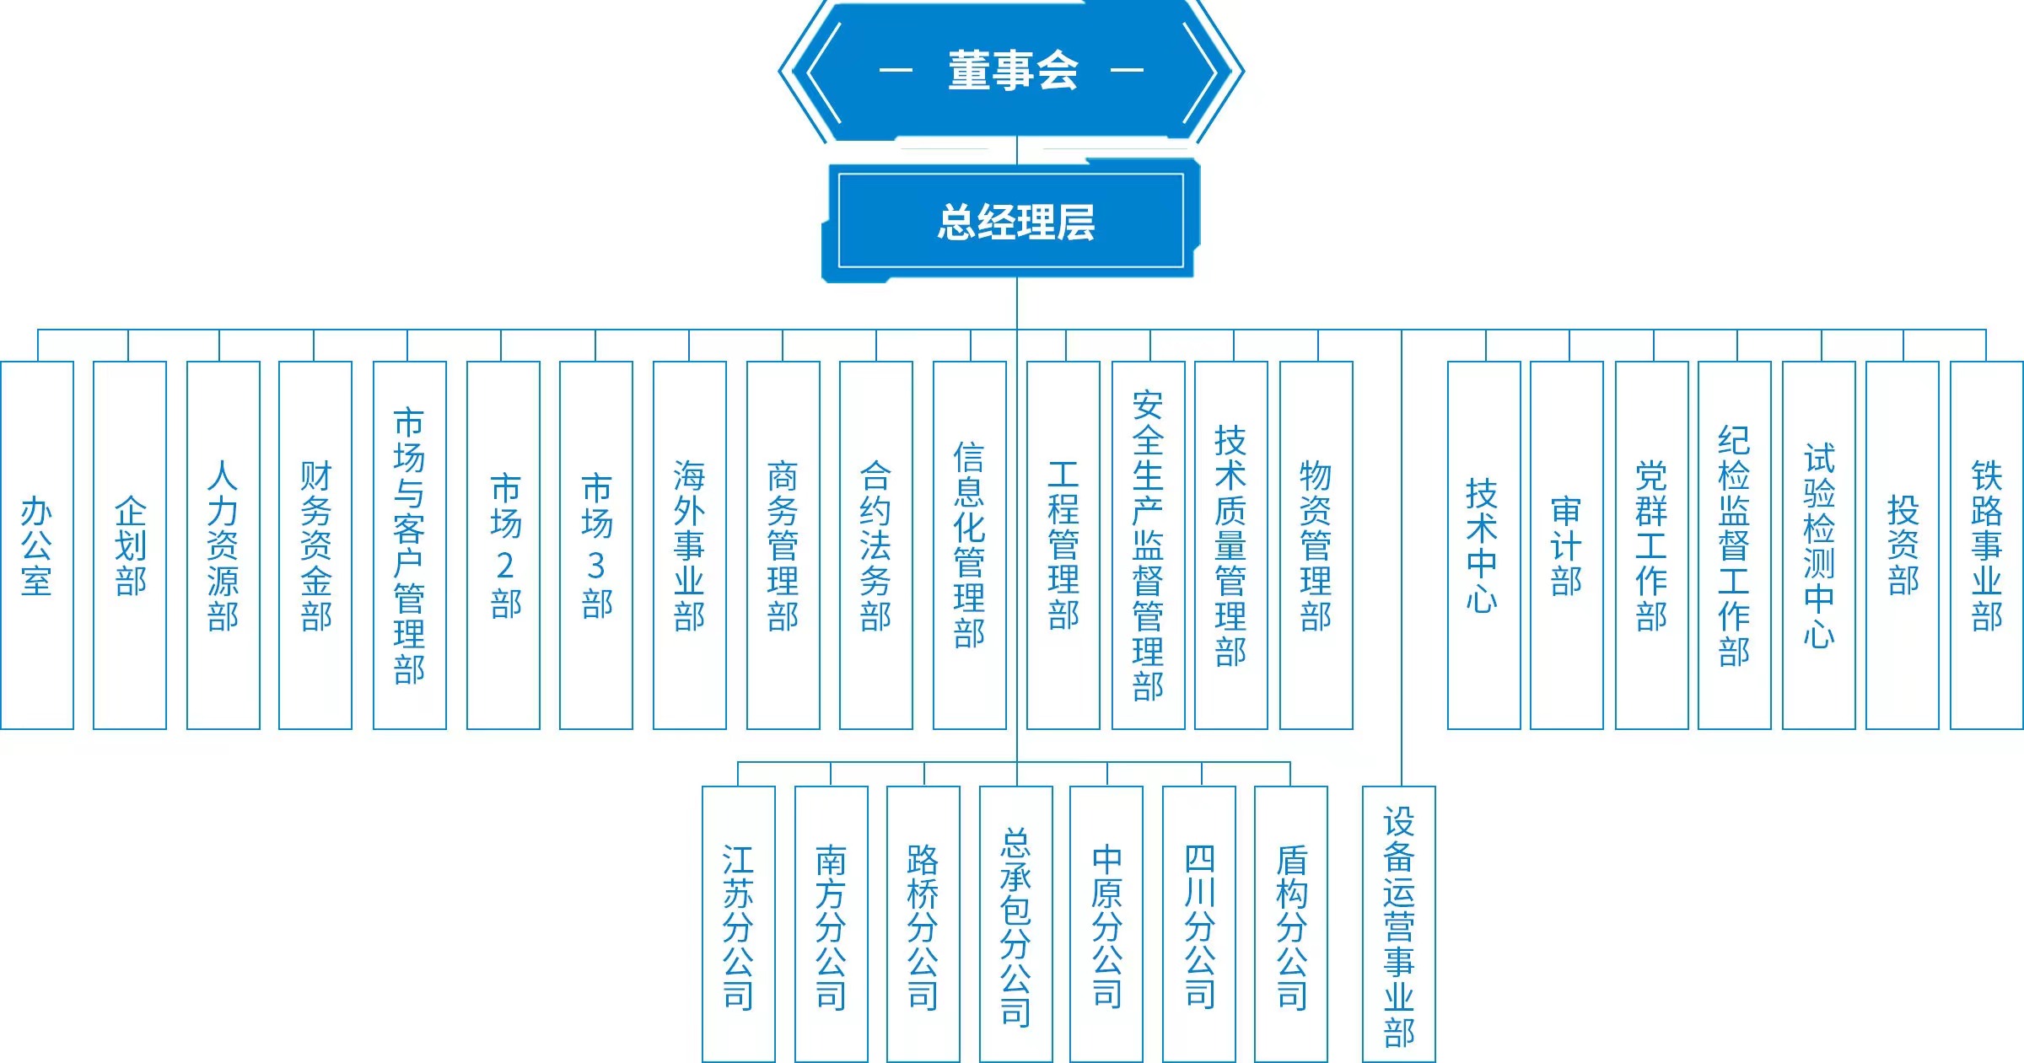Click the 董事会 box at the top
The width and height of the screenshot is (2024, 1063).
(x=1012, y=71)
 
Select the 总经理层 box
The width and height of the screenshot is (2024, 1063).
(x=1012, y=222)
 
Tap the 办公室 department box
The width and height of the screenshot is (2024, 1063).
(x=37, y=545)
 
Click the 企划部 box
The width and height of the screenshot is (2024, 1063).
(x=130, y=545)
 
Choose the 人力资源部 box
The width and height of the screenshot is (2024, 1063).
(x=223, y=545)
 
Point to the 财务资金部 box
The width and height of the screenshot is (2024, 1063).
(x=315, y=545)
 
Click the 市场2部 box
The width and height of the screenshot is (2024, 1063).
(x=503, y=545)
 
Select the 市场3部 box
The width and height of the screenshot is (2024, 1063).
(x=596, y=545)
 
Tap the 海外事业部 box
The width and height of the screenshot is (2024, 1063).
(x=690, y=545)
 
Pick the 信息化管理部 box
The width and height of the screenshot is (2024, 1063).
(x=970, y=545)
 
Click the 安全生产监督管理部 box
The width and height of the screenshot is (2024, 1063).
(x=1149, y=545)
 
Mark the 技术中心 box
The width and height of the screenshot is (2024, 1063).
(x=1483, y=545)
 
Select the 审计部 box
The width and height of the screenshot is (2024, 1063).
(x=1567, y=545)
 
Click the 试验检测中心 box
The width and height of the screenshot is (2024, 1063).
(x=1819, y=545)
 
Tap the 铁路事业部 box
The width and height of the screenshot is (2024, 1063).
(x=1987, y=545)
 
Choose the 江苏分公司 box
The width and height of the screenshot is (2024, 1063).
(x=739, y=924)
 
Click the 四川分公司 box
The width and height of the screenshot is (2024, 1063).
(x=1199, y=924)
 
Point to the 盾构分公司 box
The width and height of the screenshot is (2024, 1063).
(x=1291, y=924)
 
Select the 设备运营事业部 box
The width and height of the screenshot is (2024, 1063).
(x=1399, y=924)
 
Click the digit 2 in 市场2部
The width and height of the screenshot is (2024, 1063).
(x=505, y=565)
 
